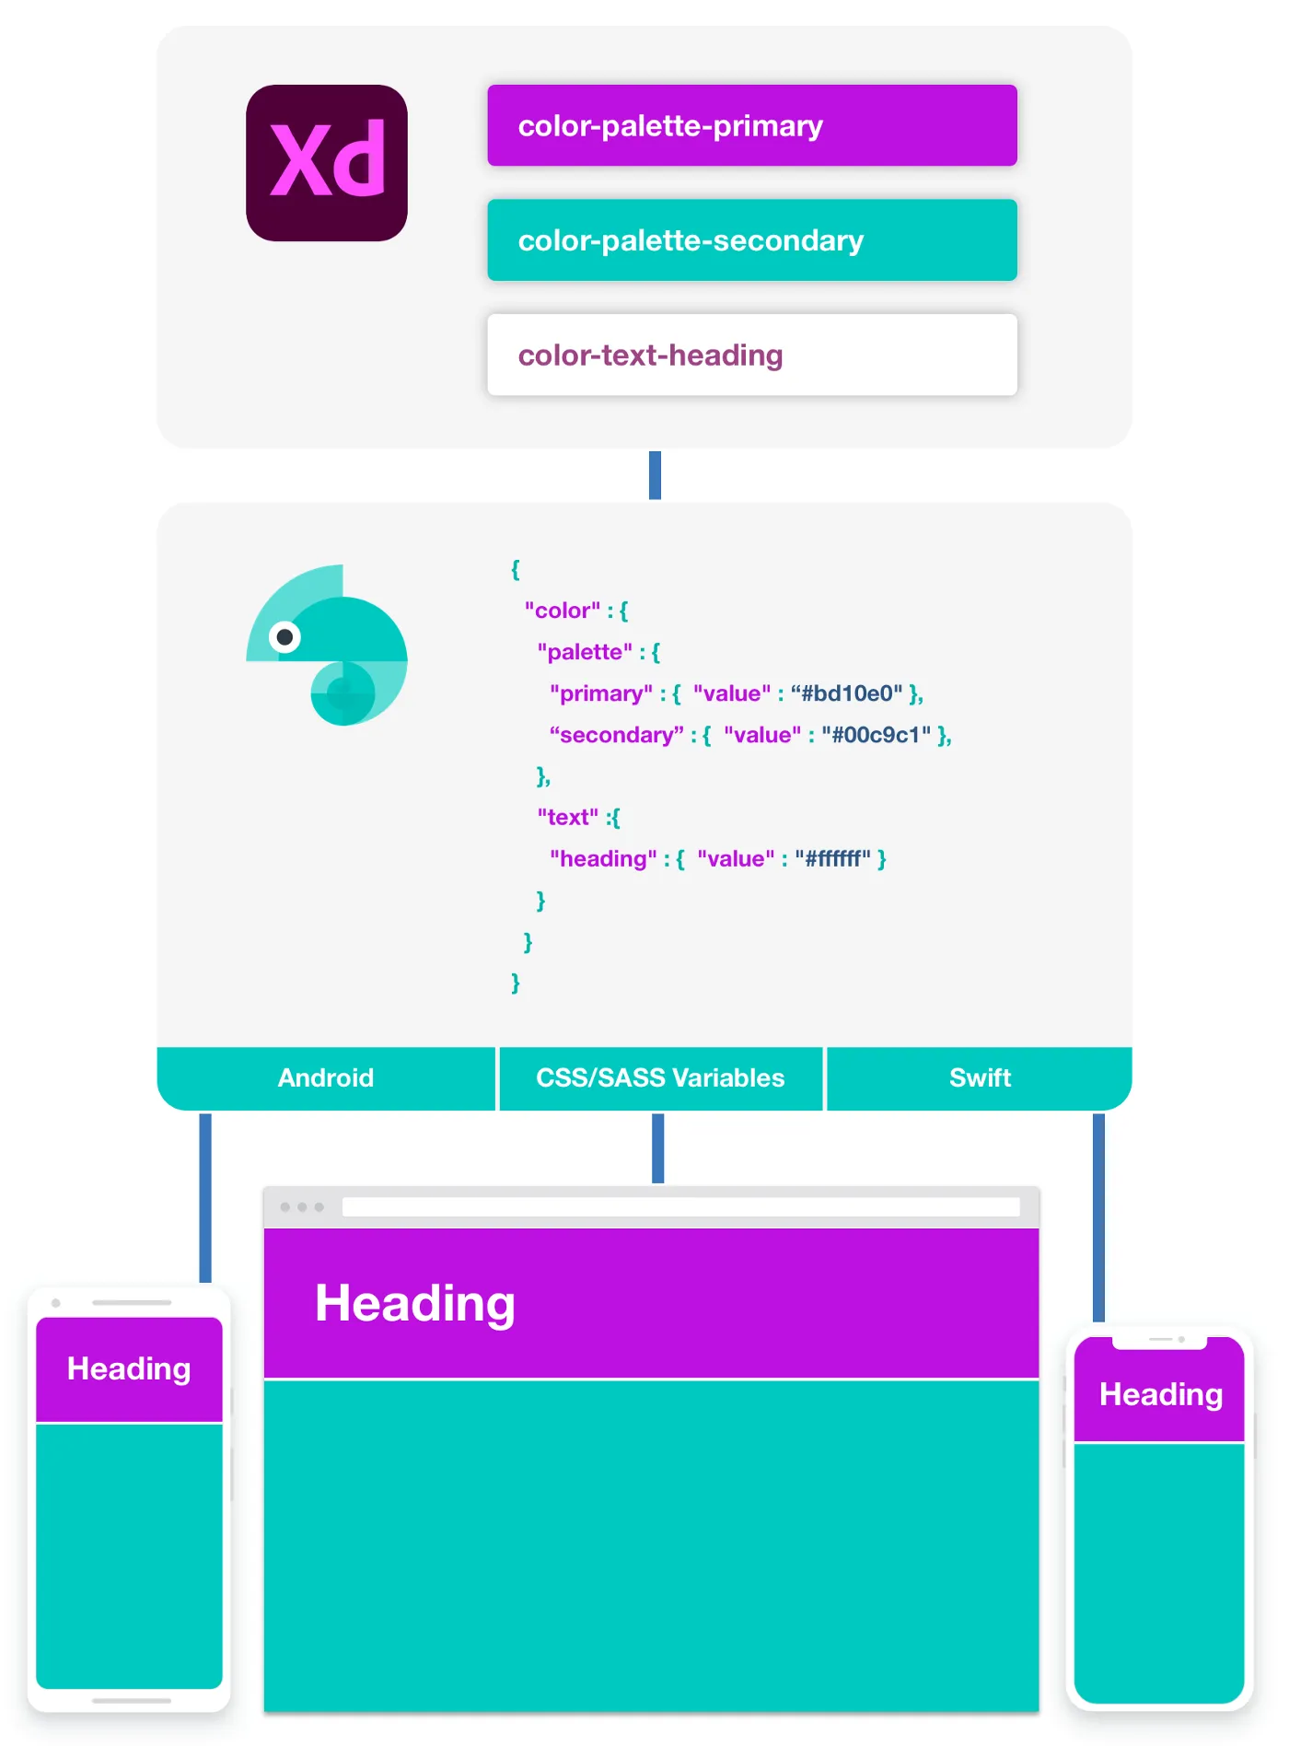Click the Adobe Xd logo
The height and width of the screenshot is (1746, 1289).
327,163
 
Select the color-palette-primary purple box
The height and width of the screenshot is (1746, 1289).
751,125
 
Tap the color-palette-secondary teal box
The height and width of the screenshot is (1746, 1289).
751,240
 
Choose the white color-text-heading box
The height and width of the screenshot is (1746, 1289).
751,355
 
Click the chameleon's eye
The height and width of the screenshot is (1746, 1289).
285,636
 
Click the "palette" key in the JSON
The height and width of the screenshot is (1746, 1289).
585,652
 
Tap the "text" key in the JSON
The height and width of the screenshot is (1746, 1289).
567,818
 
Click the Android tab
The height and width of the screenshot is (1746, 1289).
326,1077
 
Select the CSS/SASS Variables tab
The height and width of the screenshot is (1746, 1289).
660,1077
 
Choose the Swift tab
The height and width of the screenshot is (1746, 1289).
980,1077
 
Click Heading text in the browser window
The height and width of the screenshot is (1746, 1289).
414,1303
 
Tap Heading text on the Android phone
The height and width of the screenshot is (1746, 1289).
129,1368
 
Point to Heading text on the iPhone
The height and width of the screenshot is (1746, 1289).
1160,1394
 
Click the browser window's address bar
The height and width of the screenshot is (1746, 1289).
680,1206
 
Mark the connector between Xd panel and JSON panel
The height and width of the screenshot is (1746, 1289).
655,475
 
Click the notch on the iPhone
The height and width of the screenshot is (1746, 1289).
1159,1341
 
